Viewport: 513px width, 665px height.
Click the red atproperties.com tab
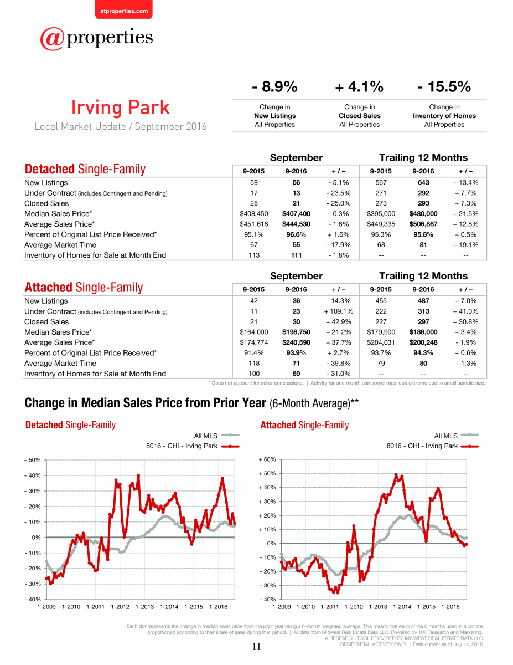tap(124, 9)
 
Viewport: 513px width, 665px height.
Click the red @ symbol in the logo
tap(52, 39)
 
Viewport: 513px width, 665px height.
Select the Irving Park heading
tap(121, 108)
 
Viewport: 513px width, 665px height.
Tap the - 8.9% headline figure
tap(274, 86)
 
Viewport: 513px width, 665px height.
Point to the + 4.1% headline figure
tap(359, 86)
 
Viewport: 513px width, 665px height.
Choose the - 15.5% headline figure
tap(444, 86)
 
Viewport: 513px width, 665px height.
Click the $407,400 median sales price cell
tap(296, 213)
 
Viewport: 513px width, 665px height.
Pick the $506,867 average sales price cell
tap(423, 224)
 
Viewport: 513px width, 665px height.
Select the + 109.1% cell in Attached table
tap(339, 311)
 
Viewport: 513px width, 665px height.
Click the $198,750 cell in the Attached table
tap(296, 332)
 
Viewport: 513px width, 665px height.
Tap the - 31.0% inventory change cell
tap(339, 374)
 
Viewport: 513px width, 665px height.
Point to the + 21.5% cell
tap(465, 213)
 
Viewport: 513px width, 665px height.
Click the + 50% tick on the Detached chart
tap(32, 460)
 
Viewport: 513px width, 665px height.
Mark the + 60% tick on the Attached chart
tap(267, 459)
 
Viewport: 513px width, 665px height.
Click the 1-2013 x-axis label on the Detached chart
tap(144, 607)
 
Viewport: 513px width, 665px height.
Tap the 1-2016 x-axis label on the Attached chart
tap(450, 607)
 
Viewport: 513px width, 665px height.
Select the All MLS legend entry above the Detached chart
tap(216, 436)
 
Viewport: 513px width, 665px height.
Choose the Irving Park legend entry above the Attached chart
tap(432, 446)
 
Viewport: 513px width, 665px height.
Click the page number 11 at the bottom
tap(256, 647)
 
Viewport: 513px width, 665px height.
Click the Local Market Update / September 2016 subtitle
tap(121, 126)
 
